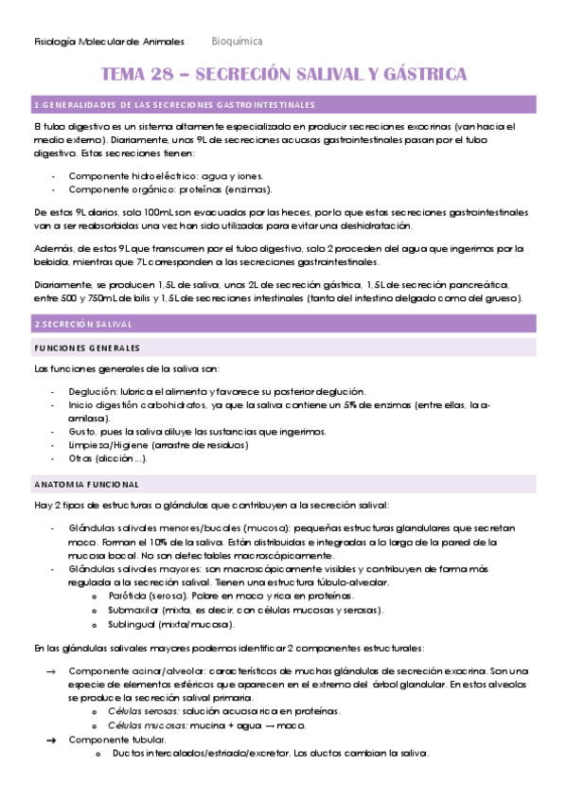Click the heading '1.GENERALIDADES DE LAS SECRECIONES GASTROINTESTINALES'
[174, 104]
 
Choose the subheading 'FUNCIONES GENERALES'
[86, 348]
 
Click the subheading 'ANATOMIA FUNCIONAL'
[86, 483]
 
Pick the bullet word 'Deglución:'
[98, 392]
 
